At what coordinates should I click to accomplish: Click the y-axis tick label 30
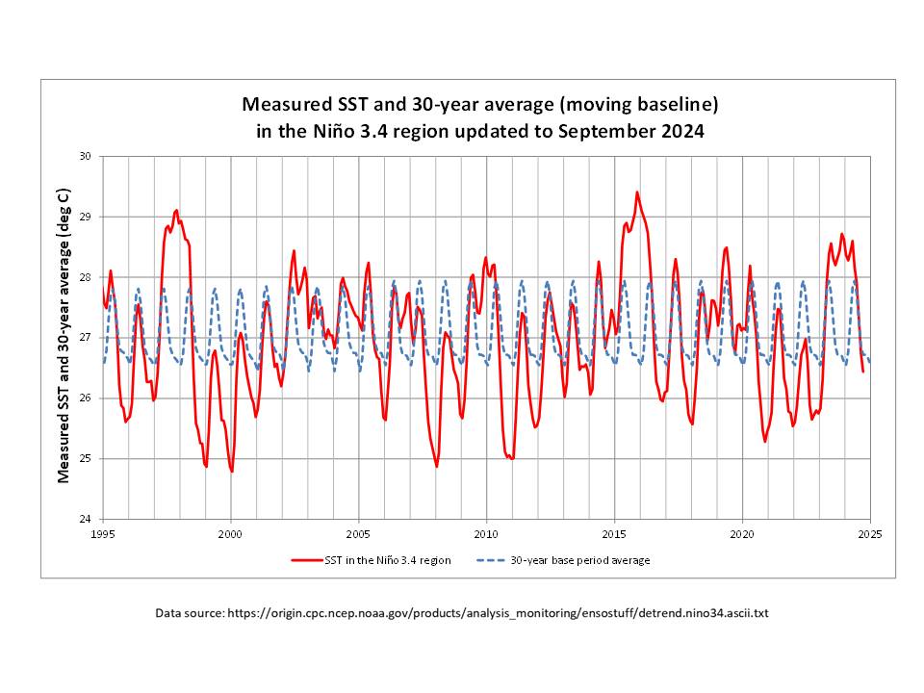click(84, 156)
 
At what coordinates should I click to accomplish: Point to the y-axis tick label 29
click(84, 217)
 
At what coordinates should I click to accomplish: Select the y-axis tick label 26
click(84, 398)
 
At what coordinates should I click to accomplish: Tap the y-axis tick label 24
click(84, 519)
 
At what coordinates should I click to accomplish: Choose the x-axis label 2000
click(230, 533)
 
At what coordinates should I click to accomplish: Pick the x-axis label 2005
click(358, 533)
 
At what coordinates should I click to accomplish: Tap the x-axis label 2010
click(486, 533)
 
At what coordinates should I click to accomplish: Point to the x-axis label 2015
click(614, 533)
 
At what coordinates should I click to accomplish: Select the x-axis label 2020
click(742, 533)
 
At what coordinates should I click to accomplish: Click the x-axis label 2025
click(869, 533)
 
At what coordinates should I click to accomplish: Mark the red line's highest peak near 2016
click(636, 192)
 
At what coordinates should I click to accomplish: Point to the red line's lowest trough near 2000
click(232, 471)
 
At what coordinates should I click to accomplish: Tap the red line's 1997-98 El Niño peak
click(176, 211)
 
